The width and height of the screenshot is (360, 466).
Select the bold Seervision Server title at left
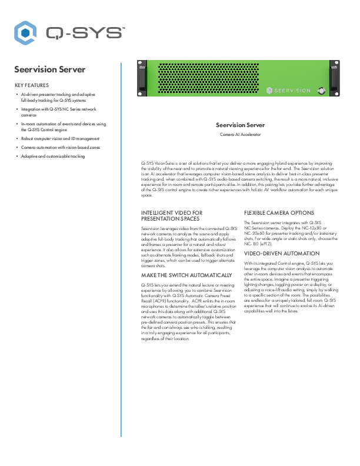(49, 69)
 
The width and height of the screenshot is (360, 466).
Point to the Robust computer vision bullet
(61, 139)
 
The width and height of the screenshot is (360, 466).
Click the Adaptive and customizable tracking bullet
(53, 156)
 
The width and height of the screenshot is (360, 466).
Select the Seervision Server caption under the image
(240, 125)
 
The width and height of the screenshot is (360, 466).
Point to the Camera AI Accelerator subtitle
(240, 134)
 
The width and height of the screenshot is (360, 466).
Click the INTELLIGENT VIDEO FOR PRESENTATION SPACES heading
(172, 215)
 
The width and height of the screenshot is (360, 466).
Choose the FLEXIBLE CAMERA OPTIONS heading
(278, 212)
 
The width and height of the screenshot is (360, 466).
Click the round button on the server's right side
(321, 91)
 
